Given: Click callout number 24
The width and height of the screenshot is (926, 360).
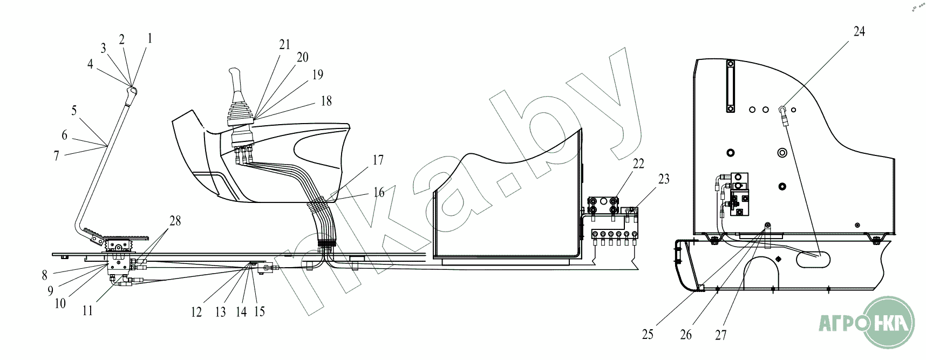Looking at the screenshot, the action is point(859,32).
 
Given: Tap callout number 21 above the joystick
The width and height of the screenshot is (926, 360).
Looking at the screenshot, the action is point(285,45).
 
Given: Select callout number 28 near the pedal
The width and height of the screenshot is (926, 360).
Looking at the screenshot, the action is point(175,221).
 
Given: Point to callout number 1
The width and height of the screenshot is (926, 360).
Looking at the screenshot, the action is point(149,38).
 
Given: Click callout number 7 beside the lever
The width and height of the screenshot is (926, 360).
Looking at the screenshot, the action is point(57,156).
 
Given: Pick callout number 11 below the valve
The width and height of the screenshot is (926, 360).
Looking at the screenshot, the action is point(87,311).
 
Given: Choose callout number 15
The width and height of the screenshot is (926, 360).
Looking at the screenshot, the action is point(260,312).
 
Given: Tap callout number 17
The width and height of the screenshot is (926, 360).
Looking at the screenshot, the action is point(378,160).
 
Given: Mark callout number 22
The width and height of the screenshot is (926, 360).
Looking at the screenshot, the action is point(638,164).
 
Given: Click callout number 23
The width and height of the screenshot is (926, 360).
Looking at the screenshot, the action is point(664,179).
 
